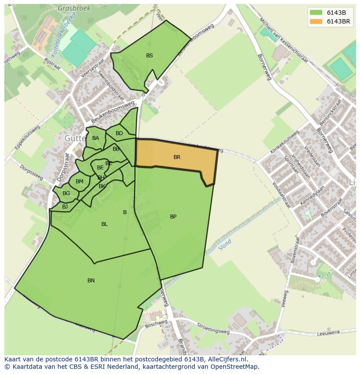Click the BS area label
coord(150,56)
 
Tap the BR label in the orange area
coord(177,157)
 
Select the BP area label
coord(173,217)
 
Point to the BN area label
coord(91,281)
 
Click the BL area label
coord(104,224)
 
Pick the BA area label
coord(96,138)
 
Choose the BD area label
coord(119,133)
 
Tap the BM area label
coord(79,182)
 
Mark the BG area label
coord(66,193)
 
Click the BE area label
coord(100,168)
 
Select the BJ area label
coord(65,207)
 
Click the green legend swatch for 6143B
coord(316,13)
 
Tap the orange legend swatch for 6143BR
coord(316,21)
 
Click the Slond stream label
coord(226,245)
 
